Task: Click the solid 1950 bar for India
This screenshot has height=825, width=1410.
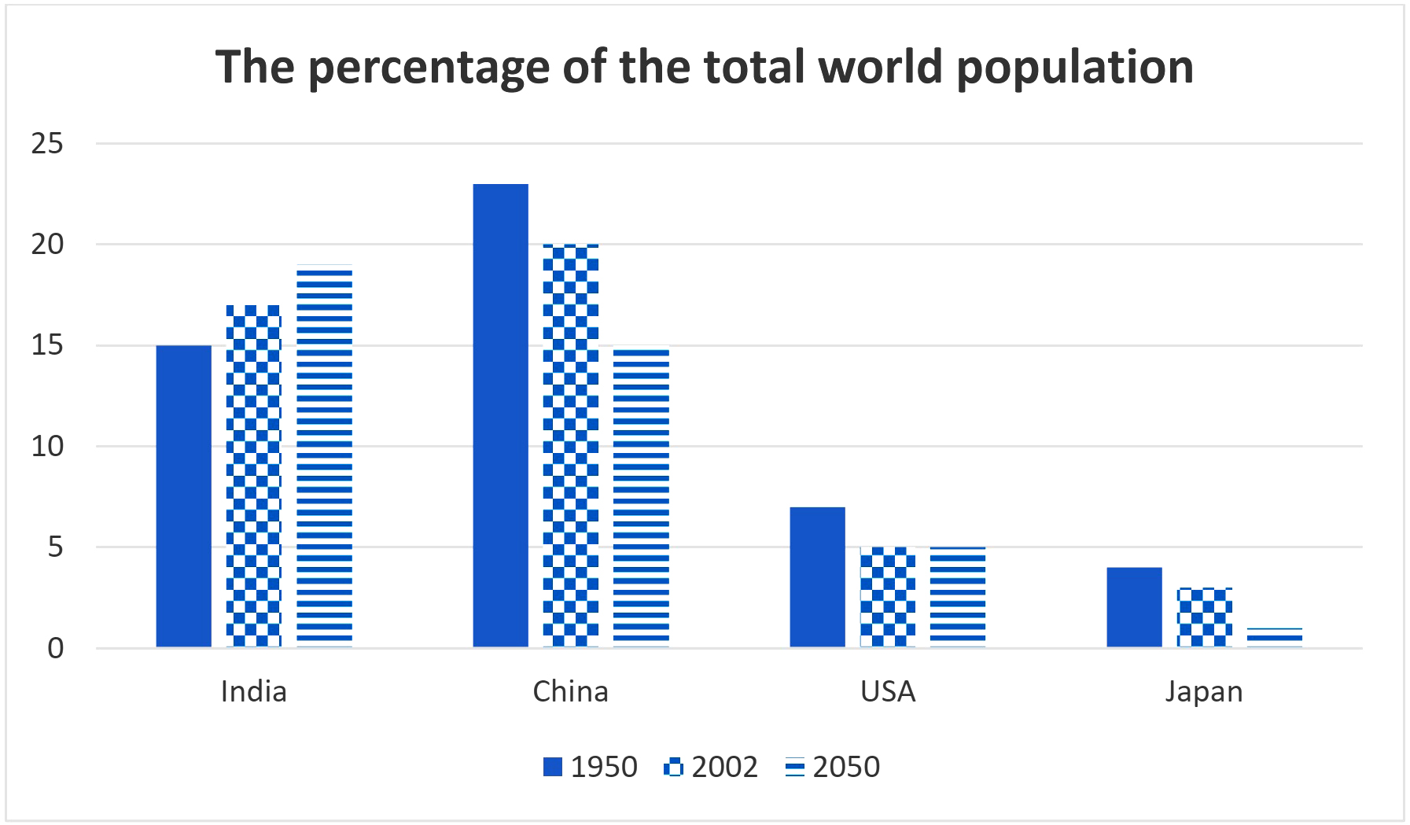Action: pyautogui.click(x=184, y=495)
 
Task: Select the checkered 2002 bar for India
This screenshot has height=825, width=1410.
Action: pyautogui.click(x=253, y=476)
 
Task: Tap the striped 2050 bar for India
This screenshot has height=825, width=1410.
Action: pyautogui.click(x=324, y=456)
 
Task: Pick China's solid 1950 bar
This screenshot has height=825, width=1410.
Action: pyautogui.click(x=500, y=415)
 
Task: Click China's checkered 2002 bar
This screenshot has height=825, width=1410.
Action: pyautogui.click(x=570, y=445)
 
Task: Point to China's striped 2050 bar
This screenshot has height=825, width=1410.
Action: pyautogui.click(x=641, y=497)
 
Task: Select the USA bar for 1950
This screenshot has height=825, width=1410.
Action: pyautogui.click(x=817, y=576)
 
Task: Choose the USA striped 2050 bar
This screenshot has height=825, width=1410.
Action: pyautogui.click(x=957, y=597)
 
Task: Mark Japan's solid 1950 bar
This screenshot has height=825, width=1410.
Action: pyautogui.click(x=1134, y=607)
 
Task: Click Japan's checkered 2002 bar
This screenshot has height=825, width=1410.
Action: pyautogui.click(x=1204, y=617)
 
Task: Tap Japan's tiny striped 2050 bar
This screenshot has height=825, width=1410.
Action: pyautogui.click(x=1274, y=638)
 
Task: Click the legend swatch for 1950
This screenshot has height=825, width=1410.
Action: pyautogui.click(x=553, y=768)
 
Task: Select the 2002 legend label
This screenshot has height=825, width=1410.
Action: pyautogui.click(x=724, y=767)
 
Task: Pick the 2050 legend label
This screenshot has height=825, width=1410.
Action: pyautogui.click(x=846, y=767)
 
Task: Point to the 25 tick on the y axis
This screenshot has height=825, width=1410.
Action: pyautogui.click(x=47, y=144)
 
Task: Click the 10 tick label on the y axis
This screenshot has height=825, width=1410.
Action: pyautogui.click(x=47, y=447)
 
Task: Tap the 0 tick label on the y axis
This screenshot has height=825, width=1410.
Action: pyautogui.click(x=55, y=649)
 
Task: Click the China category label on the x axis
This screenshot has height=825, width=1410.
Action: pyautogui.click(x=570, y=691)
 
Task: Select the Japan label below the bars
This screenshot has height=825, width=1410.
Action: pyautogui.click(x=1204, y=692)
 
